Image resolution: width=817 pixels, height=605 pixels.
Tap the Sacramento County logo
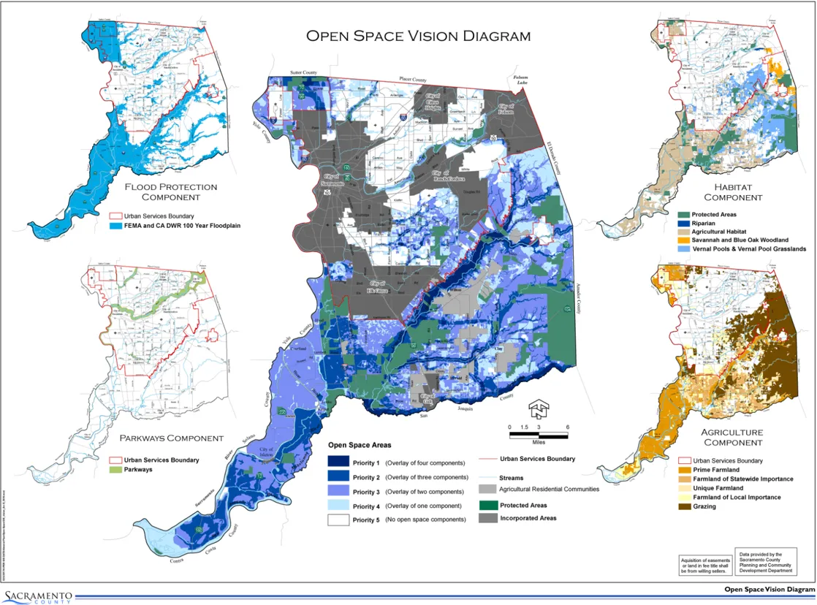coord(38,595)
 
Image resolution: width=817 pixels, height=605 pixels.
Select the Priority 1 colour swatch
coord(339,463)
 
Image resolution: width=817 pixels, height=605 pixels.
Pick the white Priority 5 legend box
coord(339,520)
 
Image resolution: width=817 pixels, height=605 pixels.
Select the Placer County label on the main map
coord(412,79)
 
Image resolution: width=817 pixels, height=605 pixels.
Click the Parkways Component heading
coord(171,438)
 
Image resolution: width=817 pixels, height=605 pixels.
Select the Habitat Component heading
coord(733,192)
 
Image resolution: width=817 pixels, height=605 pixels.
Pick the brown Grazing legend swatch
coord(685,506)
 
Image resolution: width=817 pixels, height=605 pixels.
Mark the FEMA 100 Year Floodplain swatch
coord(115,226)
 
